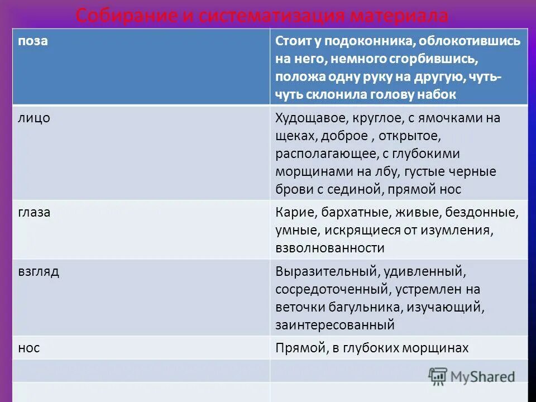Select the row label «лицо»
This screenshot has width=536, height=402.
(34, 118)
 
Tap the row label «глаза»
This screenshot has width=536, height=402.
(35, 212)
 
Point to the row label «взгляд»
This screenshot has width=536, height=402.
(39, 272)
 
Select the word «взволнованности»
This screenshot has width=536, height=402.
(330, 248)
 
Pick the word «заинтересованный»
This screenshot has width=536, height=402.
(335, 324)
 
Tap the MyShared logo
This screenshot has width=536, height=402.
(472, 376)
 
